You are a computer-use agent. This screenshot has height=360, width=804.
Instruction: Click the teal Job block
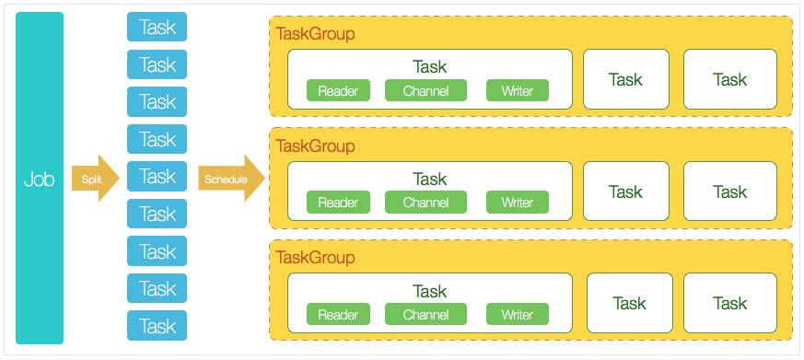pyautogui.click(x=40, y=178)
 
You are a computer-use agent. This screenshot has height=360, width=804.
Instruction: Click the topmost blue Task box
pyautogui.click(x=157, y=27)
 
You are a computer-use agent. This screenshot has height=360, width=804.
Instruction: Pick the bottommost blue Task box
pyautogui.click(x=157, y=326)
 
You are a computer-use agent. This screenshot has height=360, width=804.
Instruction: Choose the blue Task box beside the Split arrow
pyautogui.click(x=157, y=176)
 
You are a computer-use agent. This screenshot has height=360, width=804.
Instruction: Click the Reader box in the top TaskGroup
pyautogui.click(x=338, y=90)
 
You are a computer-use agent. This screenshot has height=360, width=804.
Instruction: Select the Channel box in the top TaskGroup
pyautogui.click(x=425, y=90)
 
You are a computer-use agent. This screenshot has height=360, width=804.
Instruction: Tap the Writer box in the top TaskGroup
pyautogui.click(x=517, y=90)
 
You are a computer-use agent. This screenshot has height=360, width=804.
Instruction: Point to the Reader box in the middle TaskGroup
pyautogui.click(x=338, y=203)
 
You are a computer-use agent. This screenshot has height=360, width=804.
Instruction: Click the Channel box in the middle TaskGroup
pyautogui.click(x=425, y=203)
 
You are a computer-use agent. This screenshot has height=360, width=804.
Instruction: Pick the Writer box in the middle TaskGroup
pyautogui.click(x=517, y=203)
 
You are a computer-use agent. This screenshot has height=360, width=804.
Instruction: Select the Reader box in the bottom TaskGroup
pyautogui.click(x=338, y=315)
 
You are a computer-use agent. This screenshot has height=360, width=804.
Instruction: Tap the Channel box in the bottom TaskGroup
pyautogui.click(x=425, y=315)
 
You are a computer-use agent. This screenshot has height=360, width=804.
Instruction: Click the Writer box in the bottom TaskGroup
pyautogui.click(x=517, y=315)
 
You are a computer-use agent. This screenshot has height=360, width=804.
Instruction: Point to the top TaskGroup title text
pyautogui.click(x=315, y=34)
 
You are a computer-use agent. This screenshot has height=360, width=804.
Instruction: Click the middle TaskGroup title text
pyautogui.click(x=315, y=146)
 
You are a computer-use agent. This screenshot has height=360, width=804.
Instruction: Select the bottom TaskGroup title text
pyautogui.click(x=315, y=258)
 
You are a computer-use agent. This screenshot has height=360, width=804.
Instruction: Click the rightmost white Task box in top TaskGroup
pyautogui.click(x=729, y=79)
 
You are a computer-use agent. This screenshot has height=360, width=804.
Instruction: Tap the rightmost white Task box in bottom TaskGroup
pyautogui.click(x=729, y=303)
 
